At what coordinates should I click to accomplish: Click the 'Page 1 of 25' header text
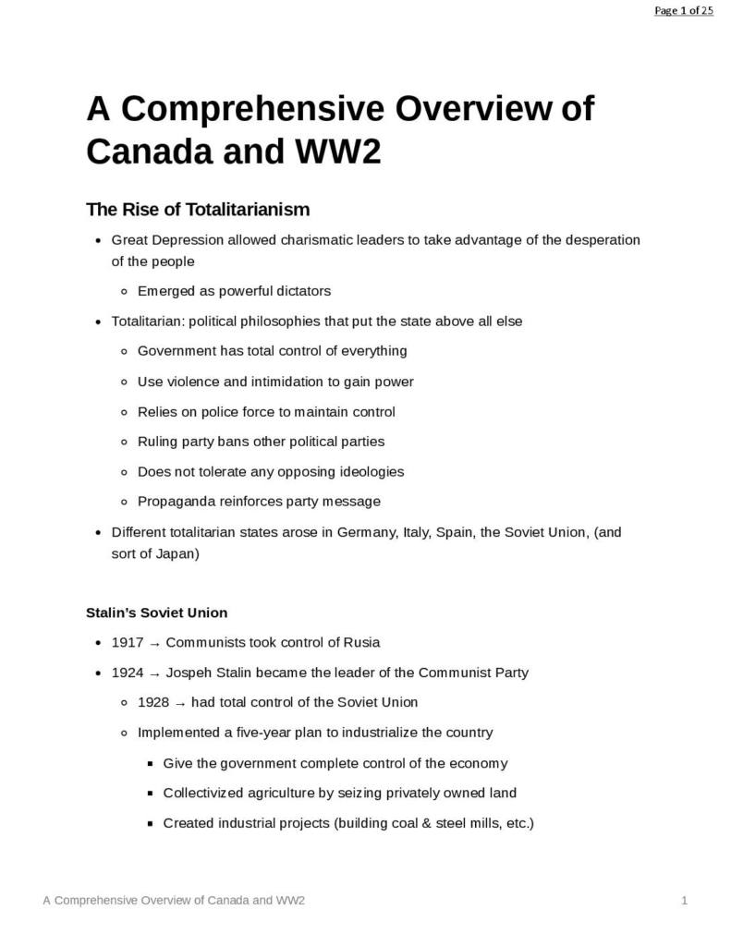point(683,11)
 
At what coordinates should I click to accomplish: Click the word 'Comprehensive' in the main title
point(251,109)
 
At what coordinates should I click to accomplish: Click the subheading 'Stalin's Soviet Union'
point(156,612)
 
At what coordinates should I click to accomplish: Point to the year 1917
point(127,643)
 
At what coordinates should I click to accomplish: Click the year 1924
point(127,673)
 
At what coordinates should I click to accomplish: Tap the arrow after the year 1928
point(180,703)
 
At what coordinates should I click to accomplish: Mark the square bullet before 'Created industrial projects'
point(151,823)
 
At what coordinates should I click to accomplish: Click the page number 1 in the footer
point(684,901)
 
